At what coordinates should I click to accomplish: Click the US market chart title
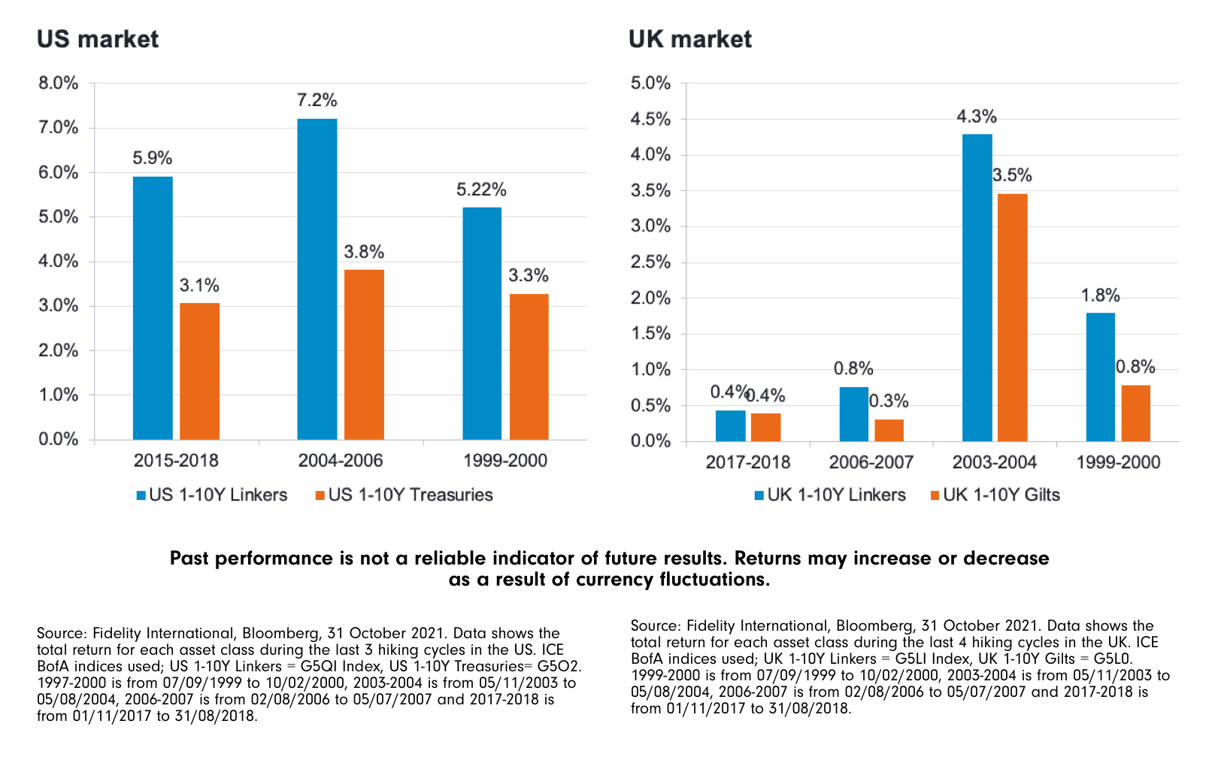tap(98, 39)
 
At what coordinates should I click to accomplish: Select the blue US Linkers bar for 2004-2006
tap(317, 278)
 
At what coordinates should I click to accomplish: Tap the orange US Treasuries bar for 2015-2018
tap(199, 371)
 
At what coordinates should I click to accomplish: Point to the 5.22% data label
tap(481, 189)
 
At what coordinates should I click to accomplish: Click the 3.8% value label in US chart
tap(364, 252)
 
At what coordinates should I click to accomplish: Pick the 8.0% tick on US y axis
tap(59, 83)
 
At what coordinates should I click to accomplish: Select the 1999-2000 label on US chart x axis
tap(505, 460)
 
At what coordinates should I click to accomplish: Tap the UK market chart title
tap(689, 39)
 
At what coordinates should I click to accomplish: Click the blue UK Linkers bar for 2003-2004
tap(977, 287)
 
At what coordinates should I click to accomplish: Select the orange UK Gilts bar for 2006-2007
tap(889, 430)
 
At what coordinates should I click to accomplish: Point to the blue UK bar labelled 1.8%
tap(1100, 377)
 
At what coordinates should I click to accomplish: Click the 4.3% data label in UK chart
tap(977, 117)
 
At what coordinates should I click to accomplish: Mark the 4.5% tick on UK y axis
tap(650, 119)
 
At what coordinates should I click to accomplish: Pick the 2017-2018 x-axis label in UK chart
tap(747, 462)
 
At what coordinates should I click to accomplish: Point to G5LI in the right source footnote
tap(911, 659)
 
